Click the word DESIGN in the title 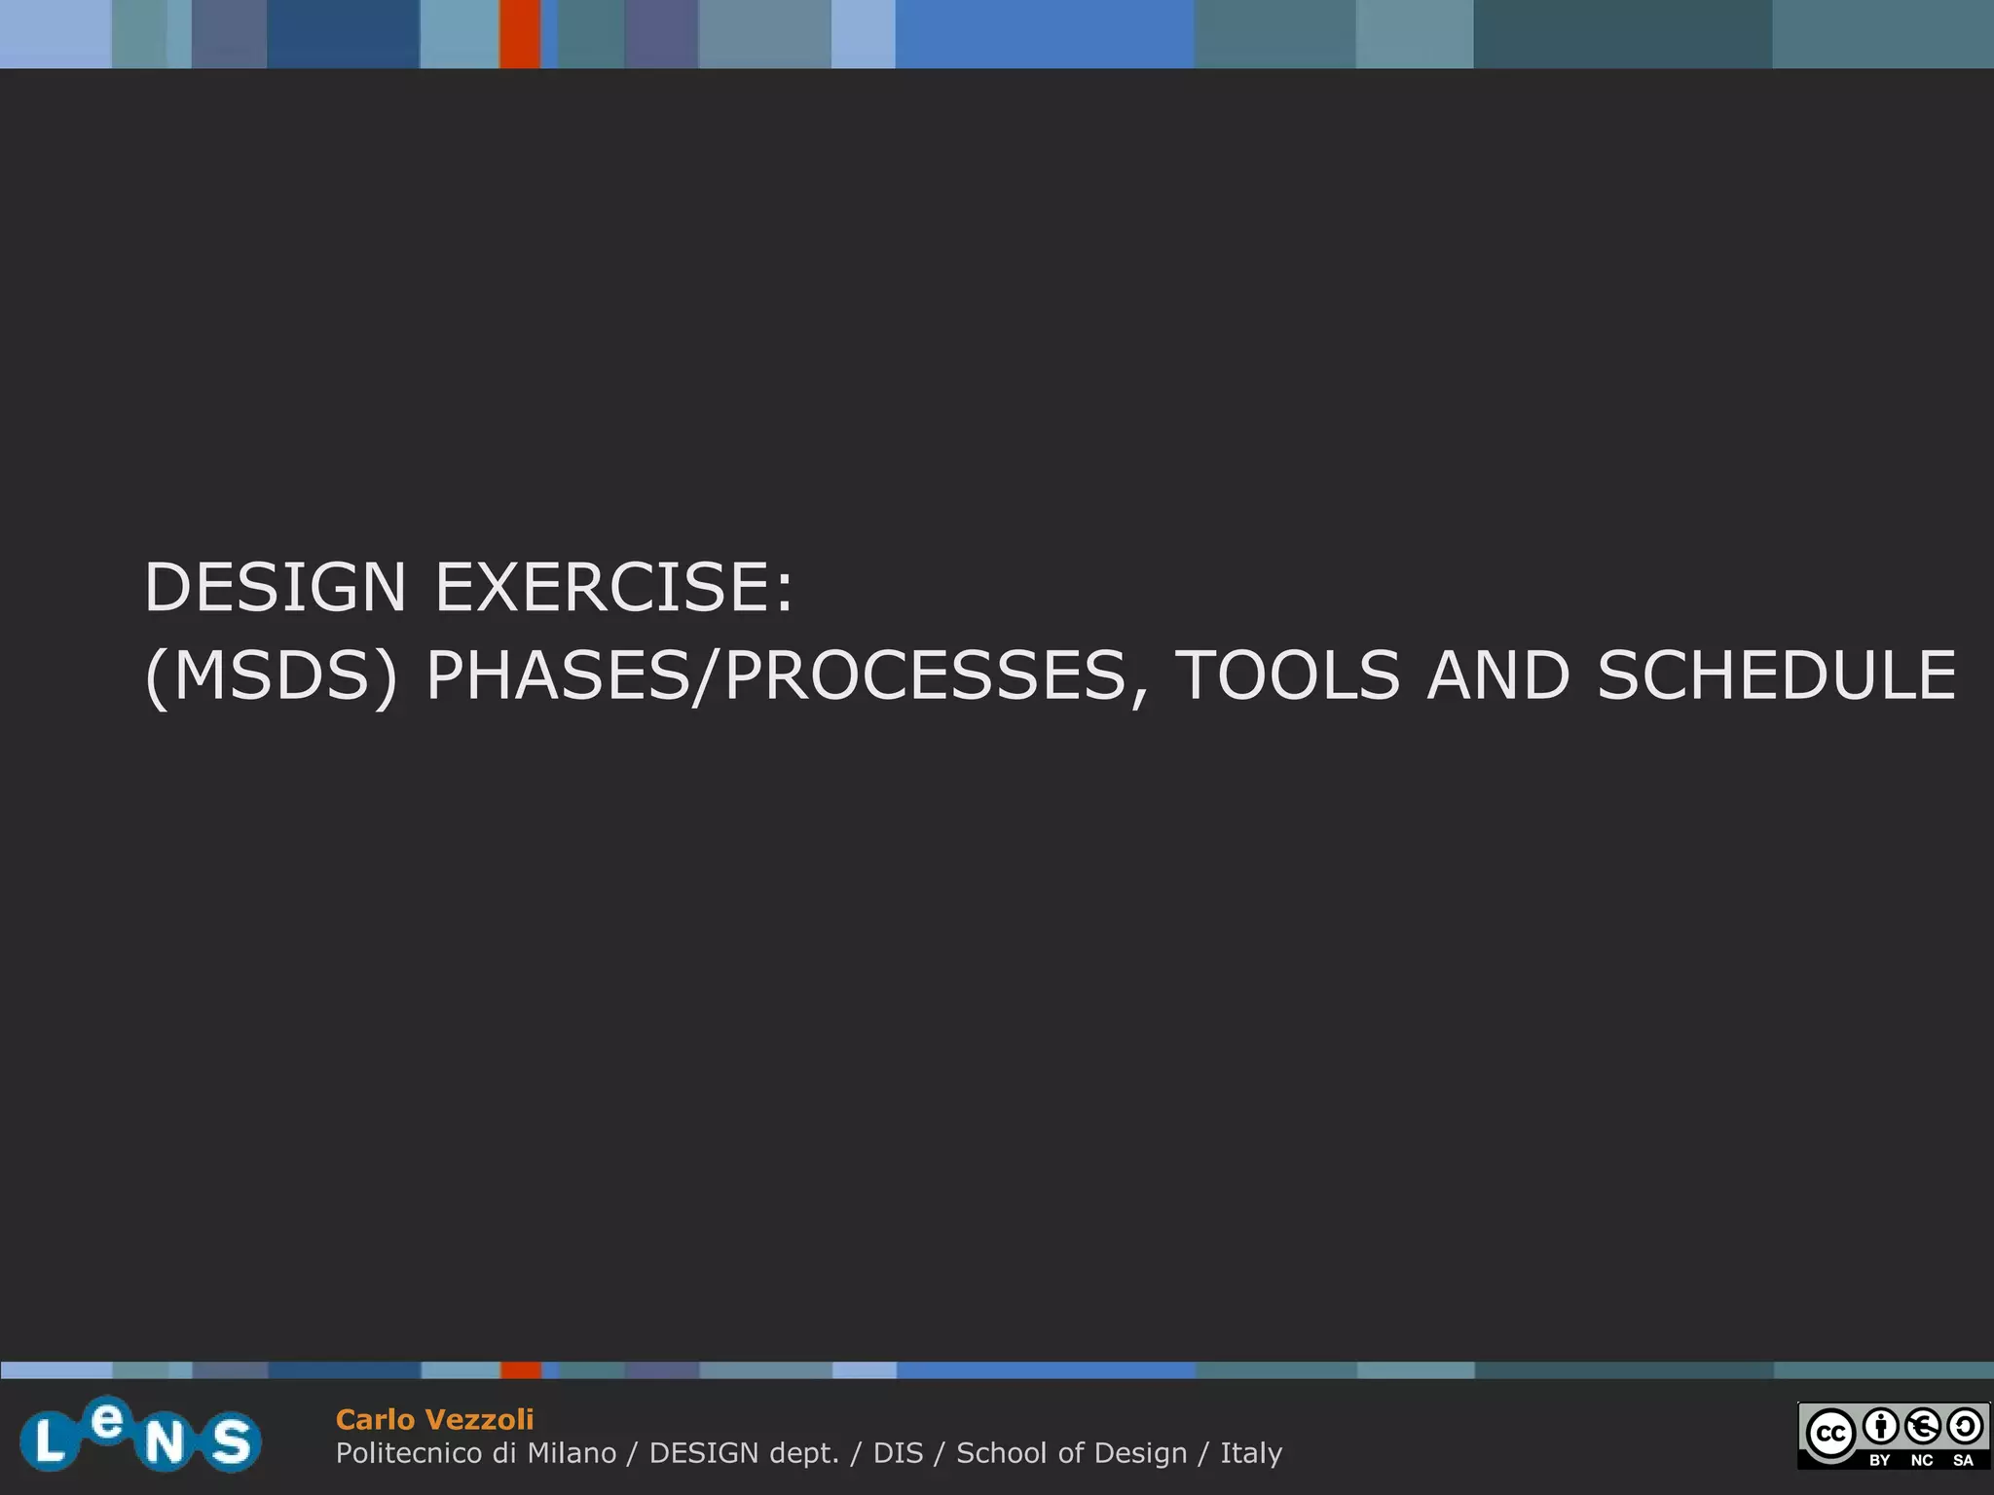tap(275, 588)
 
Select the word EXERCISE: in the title tap(614, 588)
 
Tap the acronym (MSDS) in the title tap(272, 676)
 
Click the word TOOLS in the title tap(1287, 676)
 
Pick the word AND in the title tap(1498, 676)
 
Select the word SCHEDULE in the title tap(1777, 676)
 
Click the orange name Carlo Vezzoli tap(434, 1419)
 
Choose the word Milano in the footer tap(572, 1453)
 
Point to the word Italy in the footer tap(1251, 1453)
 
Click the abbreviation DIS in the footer tap(898, 1453)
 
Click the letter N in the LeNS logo tap(166, 1442)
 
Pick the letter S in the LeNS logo tap(232, 1441)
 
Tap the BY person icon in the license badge tap(1881, 1427)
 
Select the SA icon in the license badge tap(1964, 1427)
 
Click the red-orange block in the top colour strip tap(520, 34)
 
